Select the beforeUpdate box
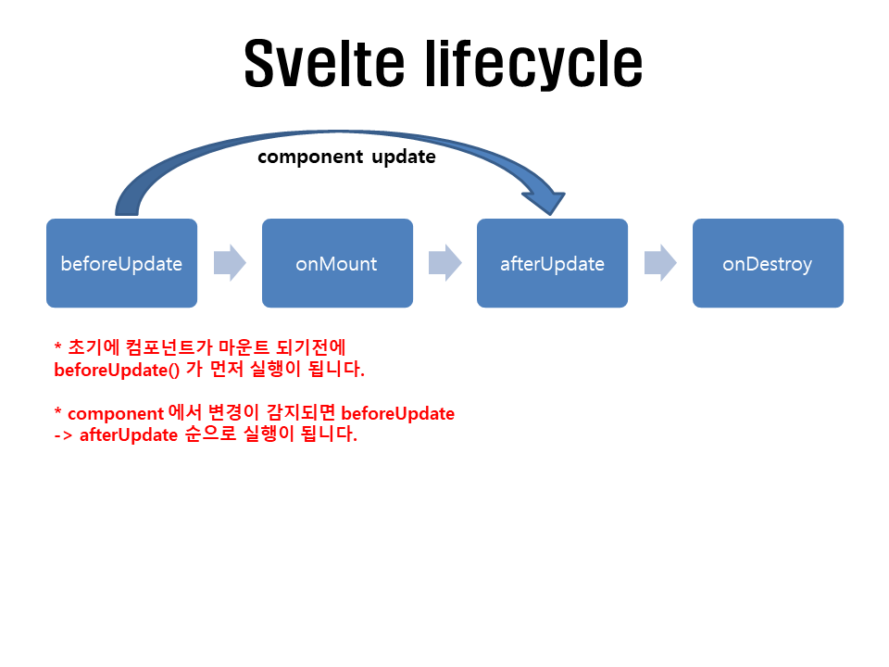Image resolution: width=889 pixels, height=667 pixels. coord(121,263)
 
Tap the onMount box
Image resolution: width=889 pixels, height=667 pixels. coord(337,263)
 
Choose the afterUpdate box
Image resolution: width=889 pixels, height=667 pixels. coord(552,263)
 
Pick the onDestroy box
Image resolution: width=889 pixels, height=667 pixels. coord(768,263)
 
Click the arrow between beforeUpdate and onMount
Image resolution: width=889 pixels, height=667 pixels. coord(230,263)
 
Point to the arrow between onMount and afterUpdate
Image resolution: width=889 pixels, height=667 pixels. coord(444,263)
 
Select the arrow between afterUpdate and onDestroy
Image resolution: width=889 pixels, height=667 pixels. coord(660,263)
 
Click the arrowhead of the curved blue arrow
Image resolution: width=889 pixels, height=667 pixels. coord(547,198)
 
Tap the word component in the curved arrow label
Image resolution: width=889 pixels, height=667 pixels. coord(310,157)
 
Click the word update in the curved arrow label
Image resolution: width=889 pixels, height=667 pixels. coord(404,157)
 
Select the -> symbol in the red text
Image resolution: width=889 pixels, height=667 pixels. coord(64,434)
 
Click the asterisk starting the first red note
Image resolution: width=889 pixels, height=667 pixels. coord(58,346)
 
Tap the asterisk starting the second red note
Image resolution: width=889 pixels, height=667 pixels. coord(58,412)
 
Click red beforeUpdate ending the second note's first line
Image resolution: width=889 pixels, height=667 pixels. coord(404,413)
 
